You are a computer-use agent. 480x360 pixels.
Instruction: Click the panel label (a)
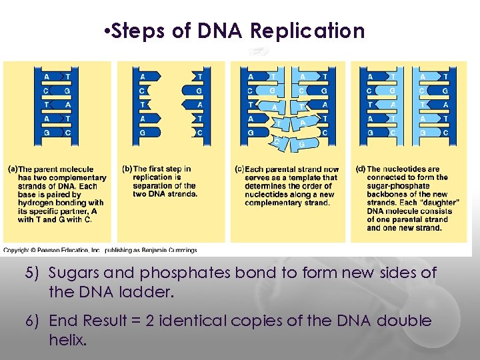point(12,169)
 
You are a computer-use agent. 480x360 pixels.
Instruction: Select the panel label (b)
point(127,169)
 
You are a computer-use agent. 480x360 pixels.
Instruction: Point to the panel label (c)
point(240,169)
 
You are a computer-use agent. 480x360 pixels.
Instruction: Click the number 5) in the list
point(33,273)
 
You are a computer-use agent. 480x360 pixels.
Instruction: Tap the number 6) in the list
point(33,321)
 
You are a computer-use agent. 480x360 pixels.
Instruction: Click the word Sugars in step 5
point(73,273)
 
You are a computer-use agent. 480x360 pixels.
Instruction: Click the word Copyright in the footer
point(19,251)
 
